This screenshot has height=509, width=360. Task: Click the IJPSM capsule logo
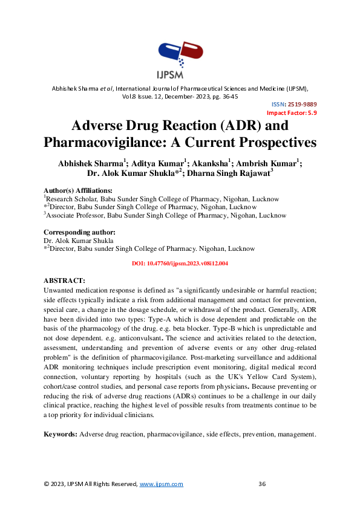click(180, 57)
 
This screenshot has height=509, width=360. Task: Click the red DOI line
click(180, 264)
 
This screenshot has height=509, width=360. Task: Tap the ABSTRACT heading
click(65, 281)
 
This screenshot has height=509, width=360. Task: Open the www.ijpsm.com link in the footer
click(162, 484)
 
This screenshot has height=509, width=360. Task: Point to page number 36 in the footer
click(263, 484)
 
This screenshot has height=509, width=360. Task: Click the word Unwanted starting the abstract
click(60, 290)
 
